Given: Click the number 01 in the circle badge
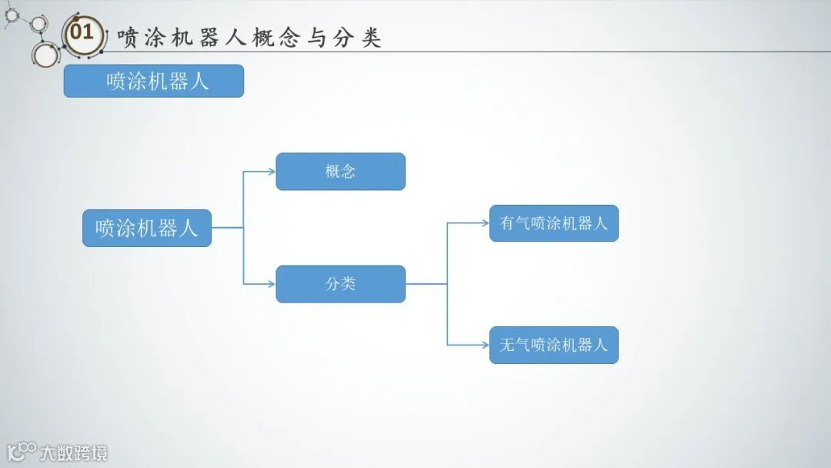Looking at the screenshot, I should (82, 32).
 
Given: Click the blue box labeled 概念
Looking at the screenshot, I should (340, 172).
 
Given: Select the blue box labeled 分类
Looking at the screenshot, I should (340, 284).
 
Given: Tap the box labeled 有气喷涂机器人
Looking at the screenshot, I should (554, 223).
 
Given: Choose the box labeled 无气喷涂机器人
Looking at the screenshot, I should (554, 345).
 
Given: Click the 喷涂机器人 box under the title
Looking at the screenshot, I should (153, 81).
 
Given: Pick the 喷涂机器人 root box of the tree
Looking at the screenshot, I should (146, 228).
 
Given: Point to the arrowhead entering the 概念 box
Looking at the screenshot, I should (272, 172).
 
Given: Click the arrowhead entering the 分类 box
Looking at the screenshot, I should (272, 284).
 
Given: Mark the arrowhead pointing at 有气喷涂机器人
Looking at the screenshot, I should (485, 223).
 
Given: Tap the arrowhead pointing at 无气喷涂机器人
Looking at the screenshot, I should (485, 345).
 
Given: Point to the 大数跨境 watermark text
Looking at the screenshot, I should (74, 453).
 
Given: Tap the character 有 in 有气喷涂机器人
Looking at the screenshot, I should (507, 223).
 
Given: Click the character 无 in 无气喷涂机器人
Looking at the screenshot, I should (507, 345).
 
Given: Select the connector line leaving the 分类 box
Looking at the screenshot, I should (426, 284).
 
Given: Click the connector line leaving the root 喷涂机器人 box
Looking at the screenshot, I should (227, 228).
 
